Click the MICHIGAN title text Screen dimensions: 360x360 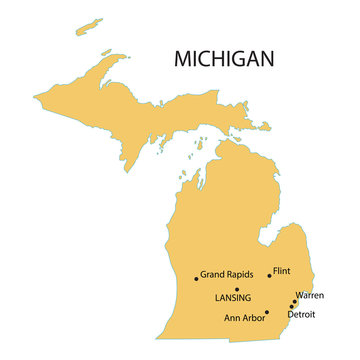coord(223,59)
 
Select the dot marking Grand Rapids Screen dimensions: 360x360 coord(196,279)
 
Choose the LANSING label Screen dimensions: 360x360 coord(233,298)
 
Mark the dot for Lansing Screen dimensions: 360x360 coord(237,289)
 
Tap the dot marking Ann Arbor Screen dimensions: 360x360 coord(267,312)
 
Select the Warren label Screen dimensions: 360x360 coord(310,296)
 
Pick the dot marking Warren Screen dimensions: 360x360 coord(294,301)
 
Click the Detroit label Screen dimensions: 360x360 coord(301,315)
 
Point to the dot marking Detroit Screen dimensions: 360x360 coord(291,307)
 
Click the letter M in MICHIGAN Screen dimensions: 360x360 coord(182,59)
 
